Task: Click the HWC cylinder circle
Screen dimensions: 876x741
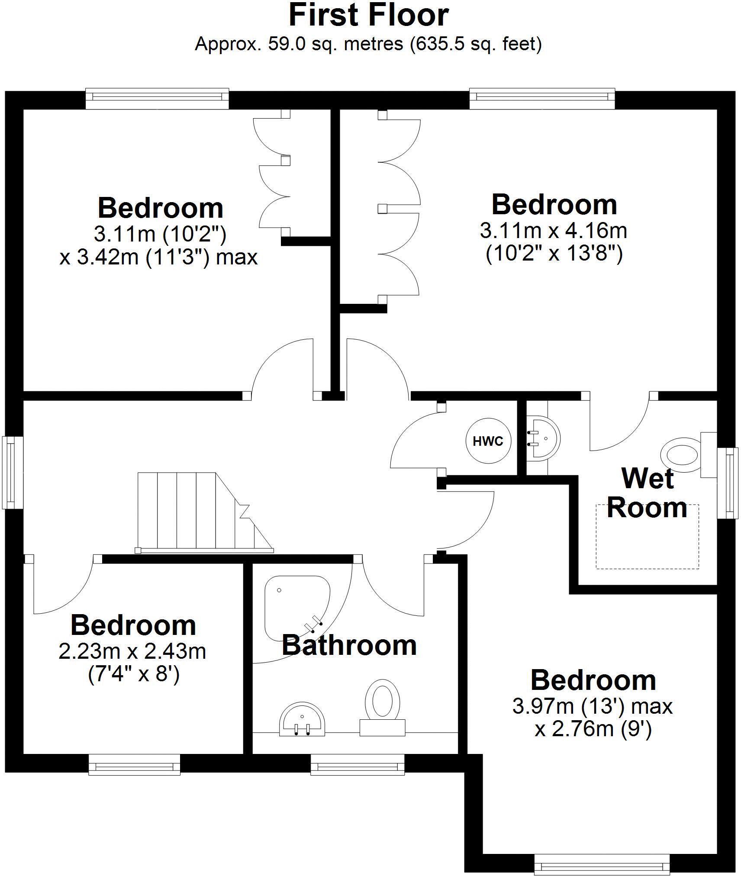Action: click(488, 441)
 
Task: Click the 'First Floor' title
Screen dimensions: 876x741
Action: click(368, 16)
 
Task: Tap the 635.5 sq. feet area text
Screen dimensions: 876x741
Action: click(475, 44)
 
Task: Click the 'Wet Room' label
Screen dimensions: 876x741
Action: click(647, 493)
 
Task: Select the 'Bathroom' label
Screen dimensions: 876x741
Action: click(349, 645)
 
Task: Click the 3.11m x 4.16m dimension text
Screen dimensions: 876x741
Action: click(553, 231)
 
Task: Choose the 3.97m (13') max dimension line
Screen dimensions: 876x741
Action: click(592, 706)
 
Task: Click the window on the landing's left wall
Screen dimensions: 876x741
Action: click(13, 472)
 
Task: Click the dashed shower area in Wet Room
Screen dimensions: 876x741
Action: click(647, 537)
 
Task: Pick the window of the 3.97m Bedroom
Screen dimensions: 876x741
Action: click(602, 864)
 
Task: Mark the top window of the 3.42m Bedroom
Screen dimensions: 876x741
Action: click(157, 99)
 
